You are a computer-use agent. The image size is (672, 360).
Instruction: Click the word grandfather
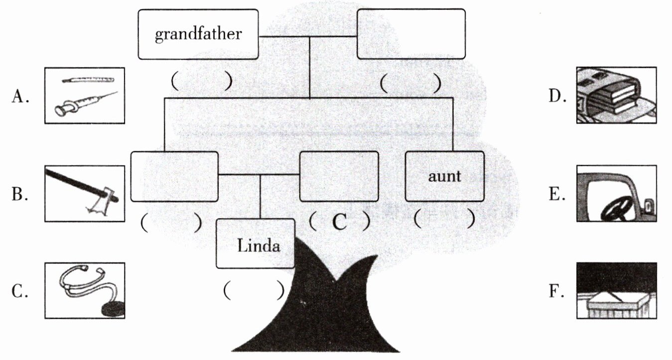pos(198,34)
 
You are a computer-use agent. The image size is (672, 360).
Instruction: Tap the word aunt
pos(444,176)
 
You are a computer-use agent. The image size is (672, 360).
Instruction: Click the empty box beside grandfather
pos(411,34)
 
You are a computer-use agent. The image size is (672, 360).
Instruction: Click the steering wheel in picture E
pos(616,207)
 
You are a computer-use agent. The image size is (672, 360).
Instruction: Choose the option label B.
pos(19,194)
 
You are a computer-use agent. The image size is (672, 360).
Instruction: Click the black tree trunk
pos(319,309)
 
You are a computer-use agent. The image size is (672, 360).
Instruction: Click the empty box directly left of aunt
pos(338,176)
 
